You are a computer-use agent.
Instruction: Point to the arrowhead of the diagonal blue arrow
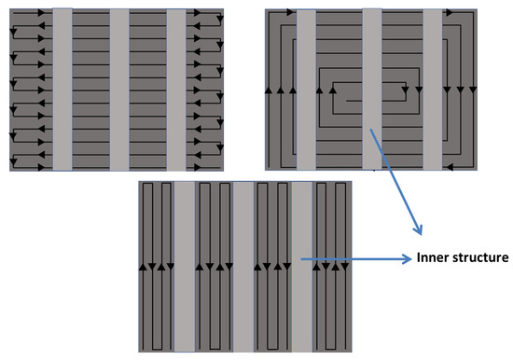click(419, 231)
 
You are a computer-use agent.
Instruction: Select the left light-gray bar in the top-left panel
click(62, 90)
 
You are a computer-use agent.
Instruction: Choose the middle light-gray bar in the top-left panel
click(119, 90)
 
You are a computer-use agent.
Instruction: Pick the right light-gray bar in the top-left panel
click(177, 90)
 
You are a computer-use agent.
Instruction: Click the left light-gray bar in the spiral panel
click(306, 90)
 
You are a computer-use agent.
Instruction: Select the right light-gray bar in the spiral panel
click(432, 90)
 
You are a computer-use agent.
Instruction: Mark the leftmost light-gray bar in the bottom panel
click(183, 267)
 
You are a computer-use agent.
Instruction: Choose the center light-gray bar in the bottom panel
click(242, 267)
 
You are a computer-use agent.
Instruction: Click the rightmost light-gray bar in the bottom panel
click(300, 267)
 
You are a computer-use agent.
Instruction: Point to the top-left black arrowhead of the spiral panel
click(278, 12)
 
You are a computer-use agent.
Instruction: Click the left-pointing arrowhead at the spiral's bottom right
click(449, 168)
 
